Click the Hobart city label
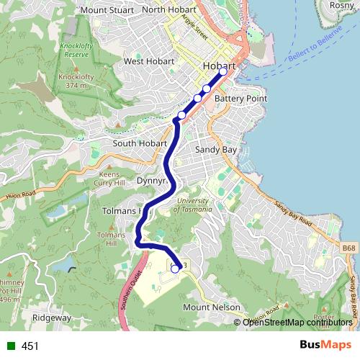(220, 66)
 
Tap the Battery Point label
(240, 98)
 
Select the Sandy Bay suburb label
(216, 150)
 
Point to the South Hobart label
(140, 143)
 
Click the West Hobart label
(149, 61)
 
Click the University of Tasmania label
(192, 204)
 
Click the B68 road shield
(348, 248)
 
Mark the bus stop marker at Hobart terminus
(223, 71)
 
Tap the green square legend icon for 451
(11, 346)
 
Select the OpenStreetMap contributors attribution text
(297, 322)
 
